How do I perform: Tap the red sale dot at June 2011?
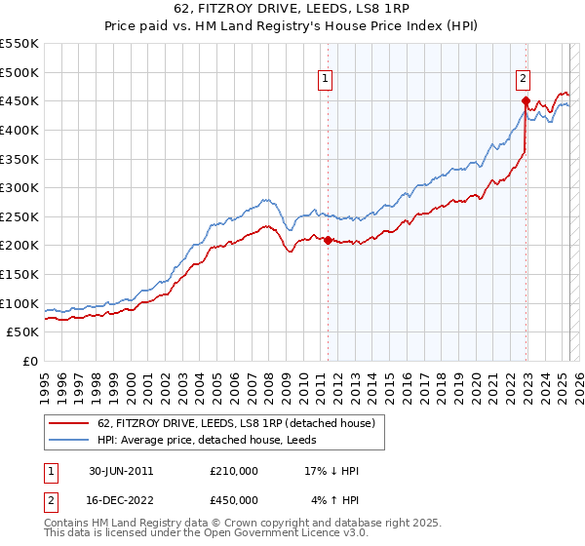(x=328, y=240)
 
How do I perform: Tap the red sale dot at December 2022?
(x=526, y=100)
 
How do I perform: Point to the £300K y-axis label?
(x=19, y=187)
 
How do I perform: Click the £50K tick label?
(x=23, y=332)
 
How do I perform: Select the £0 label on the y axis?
(x=31, y=361)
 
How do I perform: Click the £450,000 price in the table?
(x=234, y=500)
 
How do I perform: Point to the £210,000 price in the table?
(x=234, y=471)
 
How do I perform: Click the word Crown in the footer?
(x=246, y=523)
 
